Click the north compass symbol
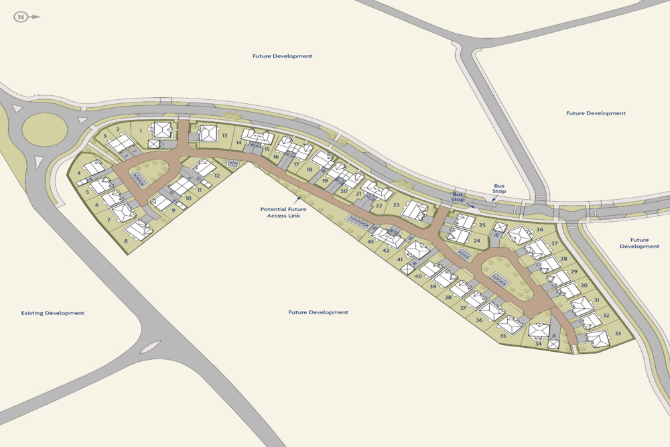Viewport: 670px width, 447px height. coord(23,17)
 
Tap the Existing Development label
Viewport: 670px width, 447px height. coord(53,313)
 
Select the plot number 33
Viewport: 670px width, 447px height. coord(618,334)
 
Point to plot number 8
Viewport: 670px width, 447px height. coord(125,241)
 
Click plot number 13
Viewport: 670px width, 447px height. coord(225,135)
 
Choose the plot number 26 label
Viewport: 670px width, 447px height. coord(539,229)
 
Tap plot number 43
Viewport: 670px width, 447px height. coord(371,241)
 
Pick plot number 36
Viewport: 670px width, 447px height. coord(479,320)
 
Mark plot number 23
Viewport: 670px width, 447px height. coord(396,205)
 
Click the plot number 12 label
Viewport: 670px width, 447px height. coord(217,175)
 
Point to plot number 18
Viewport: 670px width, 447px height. coord(309,170)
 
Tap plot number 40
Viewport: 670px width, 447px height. coord(418,276)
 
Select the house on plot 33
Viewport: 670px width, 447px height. coord(598,339)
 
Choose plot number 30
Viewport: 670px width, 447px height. coord(584,285)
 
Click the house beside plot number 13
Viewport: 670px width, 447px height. coord(208,133)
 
